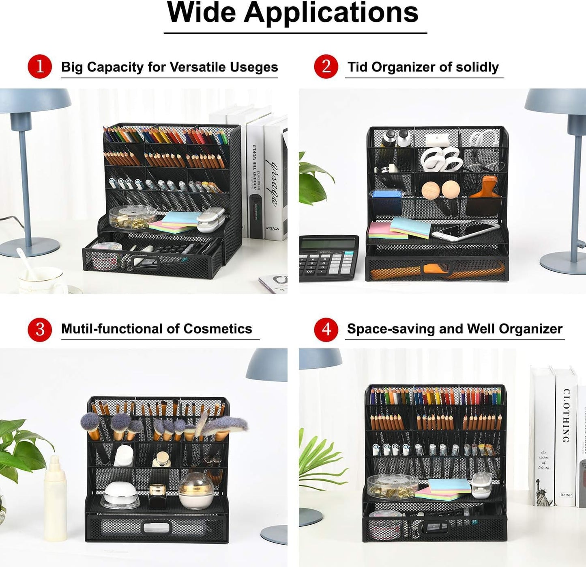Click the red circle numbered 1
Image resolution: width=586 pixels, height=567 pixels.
40,66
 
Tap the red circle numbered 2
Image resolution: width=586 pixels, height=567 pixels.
326,66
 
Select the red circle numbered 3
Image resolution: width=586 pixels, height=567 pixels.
40,329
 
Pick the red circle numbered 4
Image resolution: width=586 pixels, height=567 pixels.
326,329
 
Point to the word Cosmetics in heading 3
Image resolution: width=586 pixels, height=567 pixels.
217,329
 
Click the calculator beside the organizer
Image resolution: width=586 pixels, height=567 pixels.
328,258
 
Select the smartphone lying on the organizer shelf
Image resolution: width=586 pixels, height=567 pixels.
464,231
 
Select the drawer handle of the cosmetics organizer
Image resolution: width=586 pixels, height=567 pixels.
157,527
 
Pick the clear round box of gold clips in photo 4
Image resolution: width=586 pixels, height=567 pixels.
392,486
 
